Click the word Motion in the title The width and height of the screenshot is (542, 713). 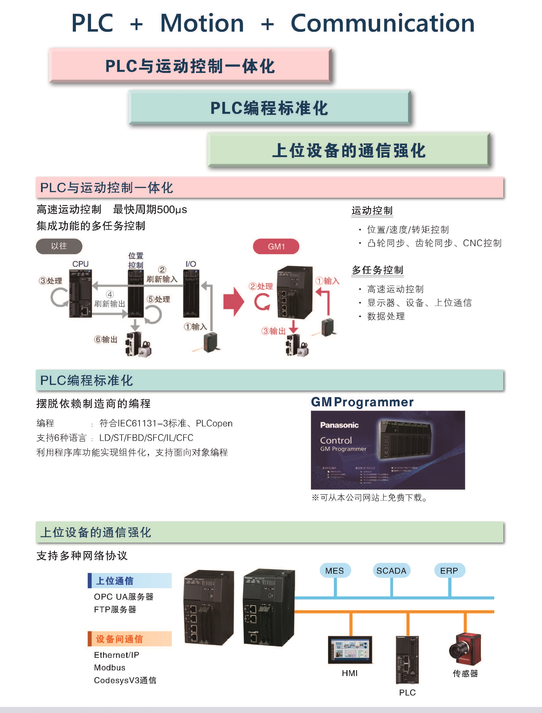(202, 23)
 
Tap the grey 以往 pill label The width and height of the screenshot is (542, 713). (59, 246)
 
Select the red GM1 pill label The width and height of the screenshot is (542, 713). (276, 247)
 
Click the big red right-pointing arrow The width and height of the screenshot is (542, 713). (234, 302)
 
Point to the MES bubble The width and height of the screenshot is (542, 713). (335, 571)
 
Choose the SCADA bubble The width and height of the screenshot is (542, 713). (391, 571)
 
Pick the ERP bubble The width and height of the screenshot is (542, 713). (449, 571)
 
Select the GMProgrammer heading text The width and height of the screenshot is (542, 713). (362, 402)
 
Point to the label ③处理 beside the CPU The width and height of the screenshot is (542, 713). (51, 281)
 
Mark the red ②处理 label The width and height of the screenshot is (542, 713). (261, 286)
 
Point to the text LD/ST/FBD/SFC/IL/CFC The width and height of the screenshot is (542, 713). (146, 438)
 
